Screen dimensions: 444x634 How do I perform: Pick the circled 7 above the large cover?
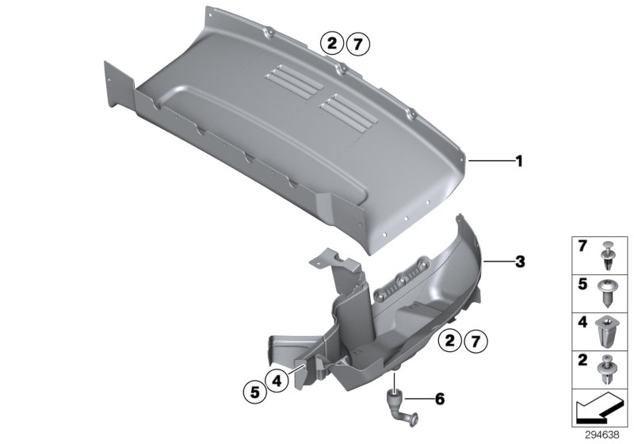point(357,44)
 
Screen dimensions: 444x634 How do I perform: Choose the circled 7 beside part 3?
point(475,342)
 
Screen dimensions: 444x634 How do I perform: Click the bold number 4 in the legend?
point(581,324)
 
